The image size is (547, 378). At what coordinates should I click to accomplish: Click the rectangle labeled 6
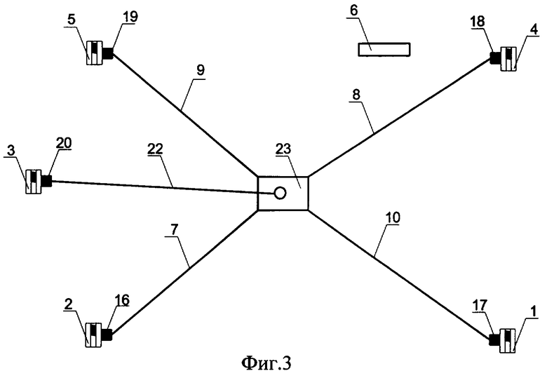(384, 49)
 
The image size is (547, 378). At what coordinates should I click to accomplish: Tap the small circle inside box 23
(280, 192)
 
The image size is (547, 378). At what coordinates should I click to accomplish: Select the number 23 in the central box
(283, 149)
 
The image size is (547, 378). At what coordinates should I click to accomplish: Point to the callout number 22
(155, 149)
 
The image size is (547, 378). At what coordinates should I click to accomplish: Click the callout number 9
(201, 70)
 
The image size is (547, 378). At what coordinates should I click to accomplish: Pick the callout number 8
(356, 95)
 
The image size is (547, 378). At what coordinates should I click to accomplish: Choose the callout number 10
(393, 217)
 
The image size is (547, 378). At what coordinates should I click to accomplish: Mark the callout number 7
(175, 230)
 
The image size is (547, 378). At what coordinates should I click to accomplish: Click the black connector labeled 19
(108, 54)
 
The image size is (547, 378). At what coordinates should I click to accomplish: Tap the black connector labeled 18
(495, 58)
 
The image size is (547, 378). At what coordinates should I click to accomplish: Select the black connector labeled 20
(46, 181)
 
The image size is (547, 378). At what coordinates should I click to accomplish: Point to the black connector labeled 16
(107, 335)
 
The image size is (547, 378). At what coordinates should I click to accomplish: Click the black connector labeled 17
(494, 340)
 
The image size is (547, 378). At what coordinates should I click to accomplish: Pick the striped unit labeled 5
(94, 53)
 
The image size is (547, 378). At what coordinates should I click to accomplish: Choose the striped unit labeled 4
(508, 59)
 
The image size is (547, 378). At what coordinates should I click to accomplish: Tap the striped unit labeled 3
(34, 182)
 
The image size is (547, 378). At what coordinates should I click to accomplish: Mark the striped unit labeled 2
(94, 335)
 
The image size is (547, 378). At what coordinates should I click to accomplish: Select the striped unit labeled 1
(508, 341)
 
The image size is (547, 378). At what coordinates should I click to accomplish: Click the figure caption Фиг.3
(266, 363)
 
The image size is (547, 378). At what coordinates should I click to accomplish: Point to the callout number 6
(353, 11)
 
